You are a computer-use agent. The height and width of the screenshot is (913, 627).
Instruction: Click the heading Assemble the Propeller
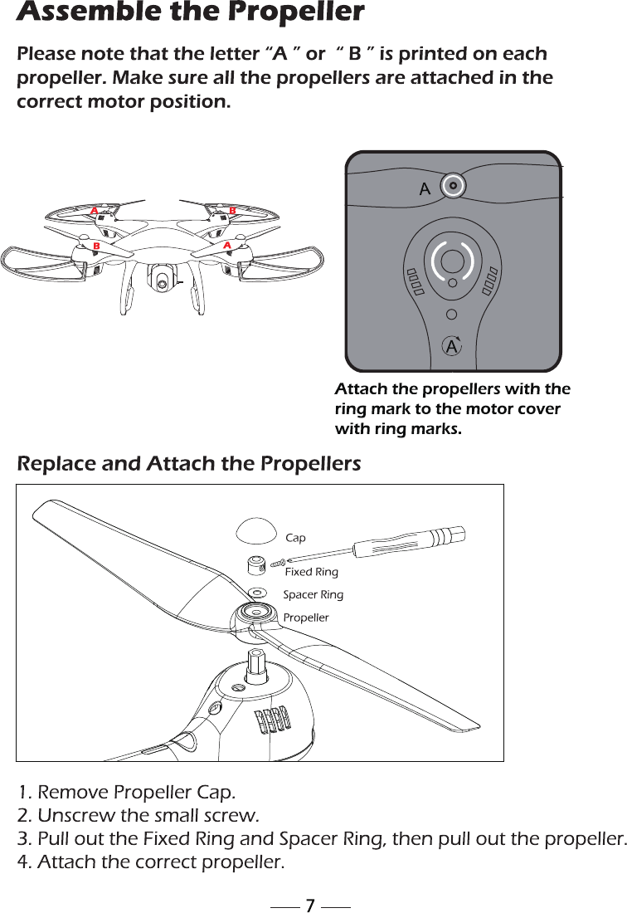(x=191, y=13)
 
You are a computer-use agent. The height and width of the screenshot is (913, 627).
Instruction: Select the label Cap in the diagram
(x=295, y=539)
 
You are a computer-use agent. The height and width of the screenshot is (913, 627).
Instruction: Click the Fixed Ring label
(x=311, y=572)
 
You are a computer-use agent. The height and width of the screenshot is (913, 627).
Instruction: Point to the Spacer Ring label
(x=313, y=595)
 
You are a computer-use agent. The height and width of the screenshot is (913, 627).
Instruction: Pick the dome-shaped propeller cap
(x=256, y=529)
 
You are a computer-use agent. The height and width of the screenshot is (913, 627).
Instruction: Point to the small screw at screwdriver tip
(x=278, y=563)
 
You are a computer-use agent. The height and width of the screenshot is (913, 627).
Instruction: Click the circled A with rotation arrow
(x=451, y=345)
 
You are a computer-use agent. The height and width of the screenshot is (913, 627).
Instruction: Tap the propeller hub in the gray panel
(x=452, y=186)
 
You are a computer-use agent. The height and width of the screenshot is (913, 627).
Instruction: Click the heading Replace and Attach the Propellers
(x=189, y=463)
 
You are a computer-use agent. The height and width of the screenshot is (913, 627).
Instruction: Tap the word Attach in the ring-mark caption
(x=361, y=390)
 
